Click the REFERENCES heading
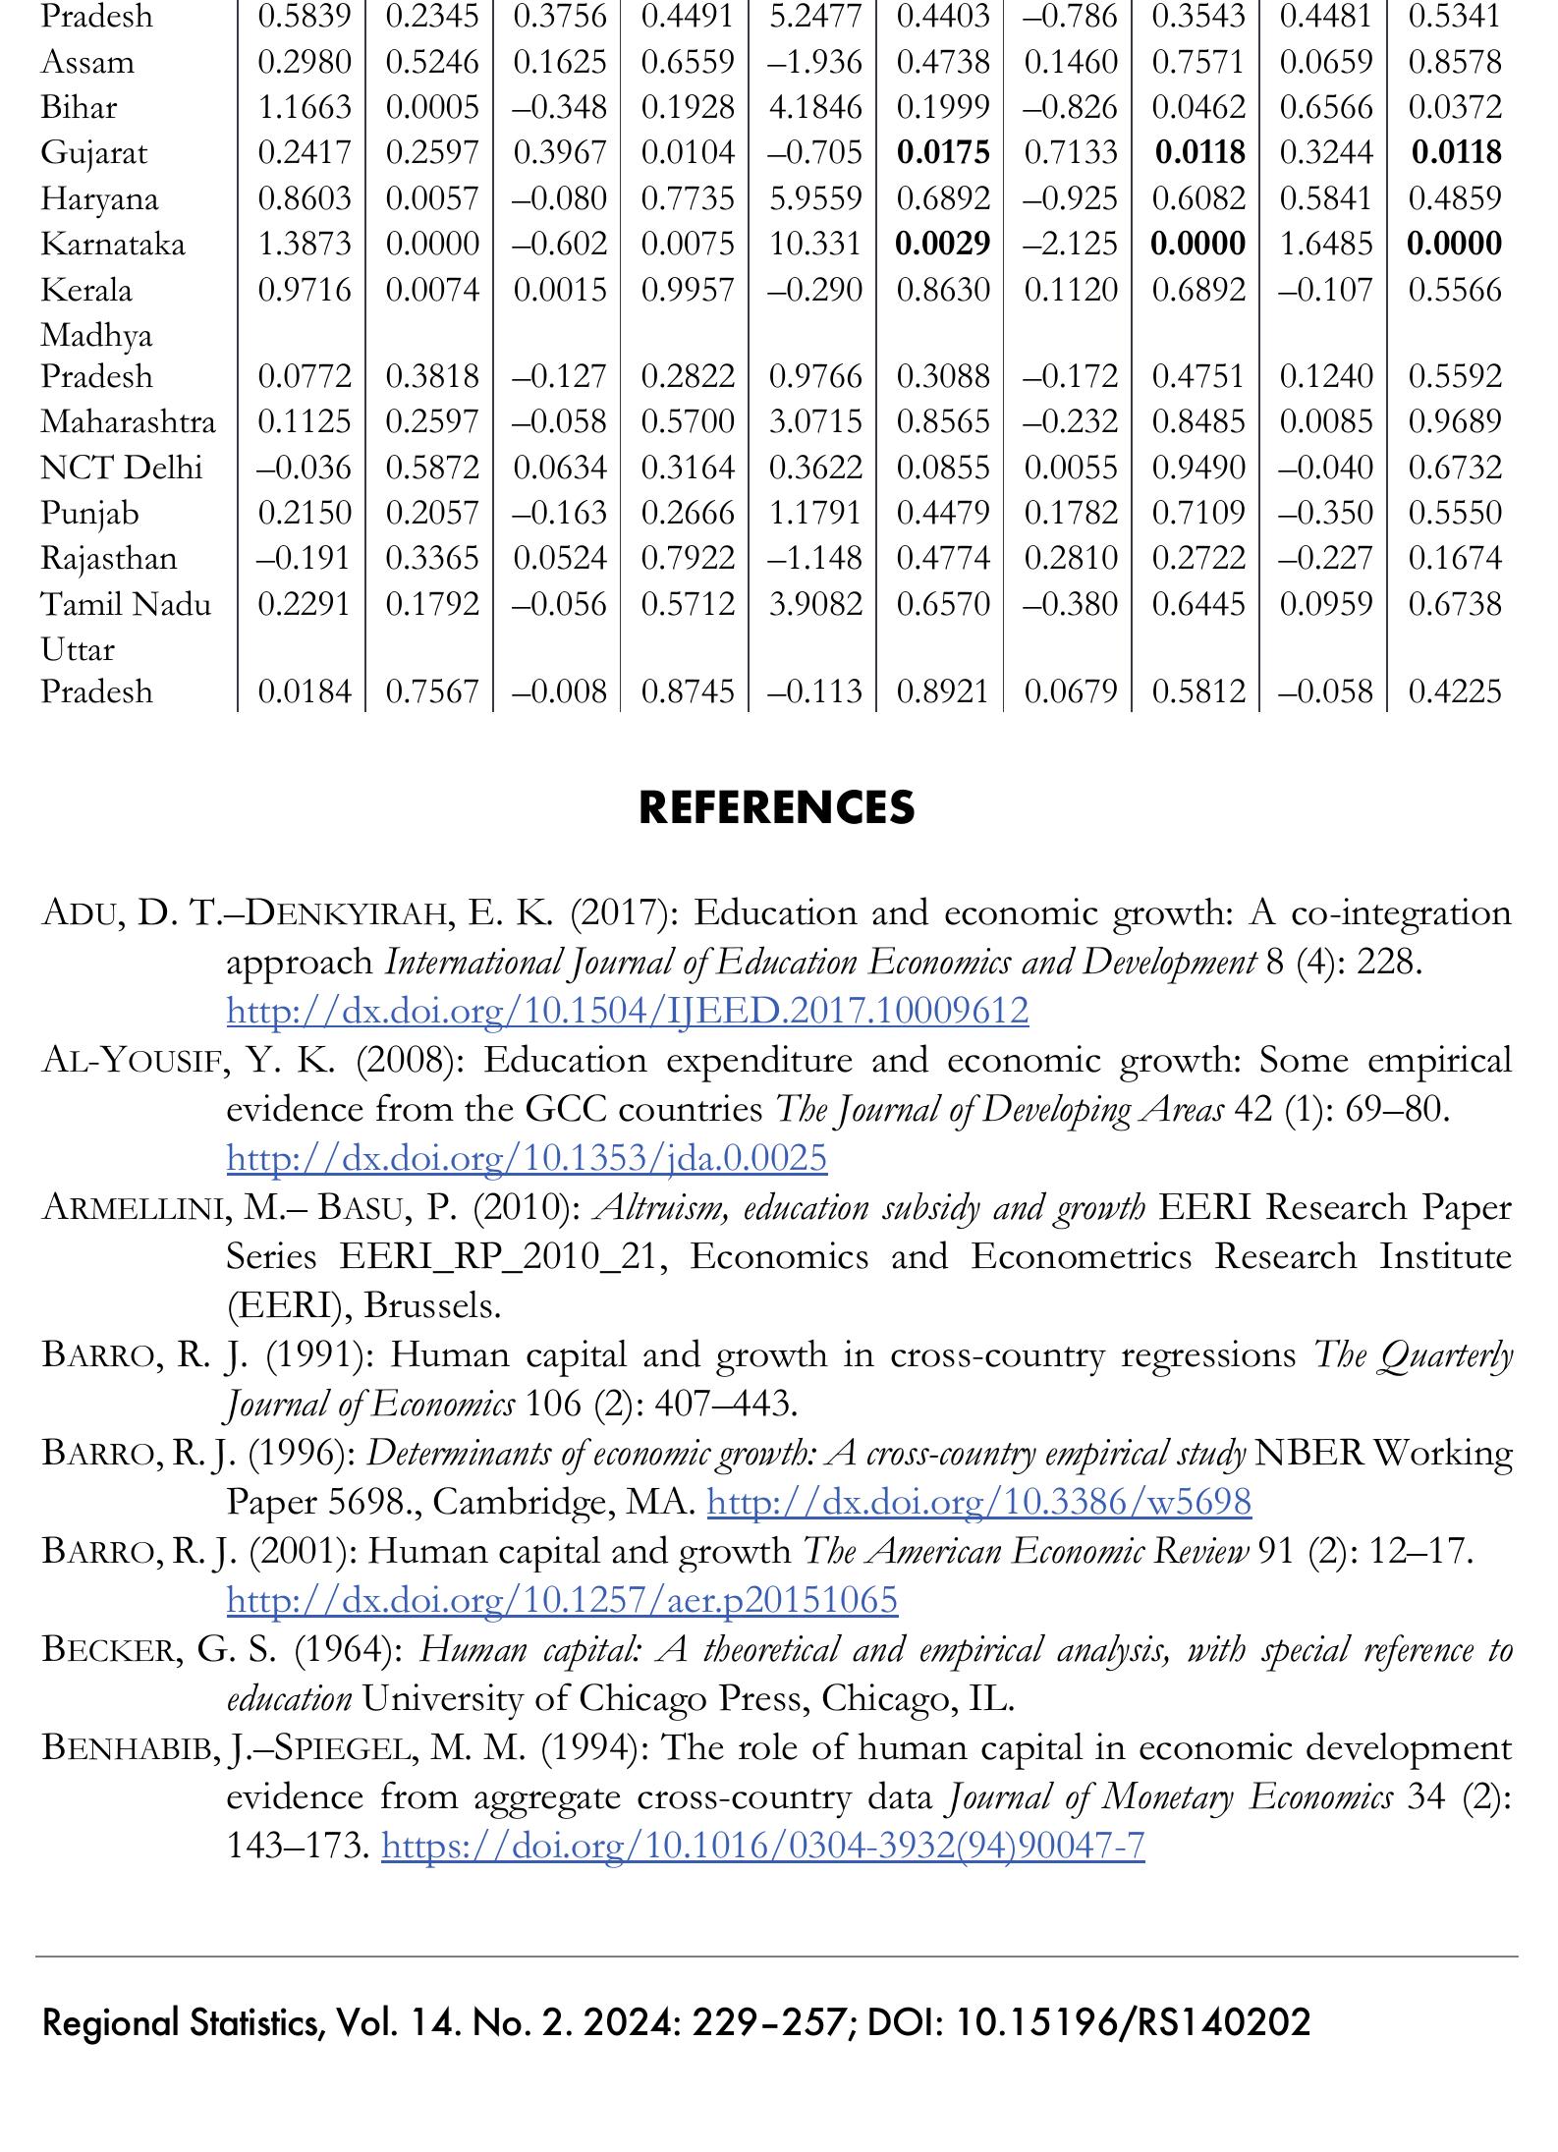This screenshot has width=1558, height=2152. [776, 807]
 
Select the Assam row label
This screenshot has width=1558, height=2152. [87, 63]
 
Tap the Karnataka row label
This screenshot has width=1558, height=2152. [112, 244]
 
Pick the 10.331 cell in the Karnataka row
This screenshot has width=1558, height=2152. [815, 244]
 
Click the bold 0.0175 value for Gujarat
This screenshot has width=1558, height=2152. [943, 153]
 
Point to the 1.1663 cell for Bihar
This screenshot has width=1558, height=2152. [304, 107]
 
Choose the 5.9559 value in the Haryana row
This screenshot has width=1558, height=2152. [815, 199]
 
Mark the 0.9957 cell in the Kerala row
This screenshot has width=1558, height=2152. [688, 290]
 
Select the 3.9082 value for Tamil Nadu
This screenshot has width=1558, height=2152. [815, 603]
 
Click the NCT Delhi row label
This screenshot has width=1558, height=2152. [121, 468]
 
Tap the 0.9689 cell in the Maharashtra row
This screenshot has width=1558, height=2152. [1455, 421]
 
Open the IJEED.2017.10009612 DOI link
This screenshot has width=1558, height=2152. [627, 1010]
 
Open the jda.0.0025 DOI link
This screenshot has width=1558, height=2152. [527, 1158]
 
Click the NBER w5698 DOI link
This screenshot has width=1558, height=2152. [978, 1502]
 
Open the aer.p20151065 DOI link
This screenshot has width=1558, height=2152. [562, 1600]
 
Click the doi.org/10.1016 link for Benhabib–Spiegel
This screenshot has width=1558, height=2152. [762, 1846]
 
